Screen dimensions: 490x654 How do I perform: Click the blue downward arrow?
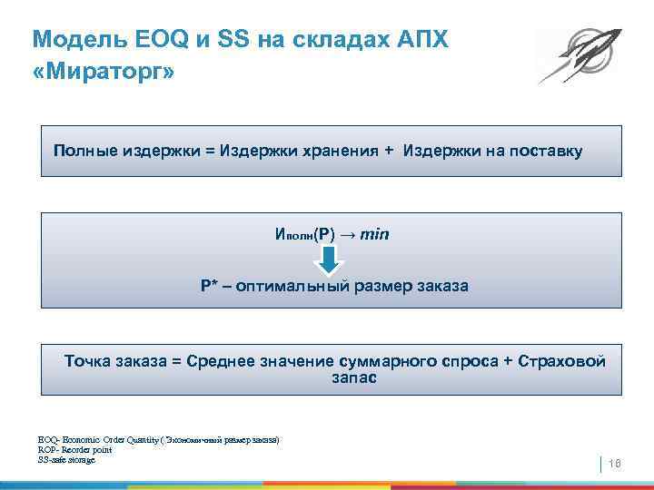click(x=331, y=260)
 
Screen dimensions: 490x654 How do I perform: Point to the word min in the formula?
click(x=374, y=234)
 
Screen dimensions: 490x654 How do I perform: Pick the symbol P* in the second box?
click(x=208, y=287)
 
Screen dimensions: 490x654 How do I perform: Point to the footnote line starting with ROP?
click(x=74, y=449)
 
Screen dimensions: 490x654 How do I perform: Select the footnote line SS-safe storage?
click(x=66, y=459)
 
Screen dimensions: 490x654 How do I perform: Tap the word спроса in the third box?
click(x=470, y=361)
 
